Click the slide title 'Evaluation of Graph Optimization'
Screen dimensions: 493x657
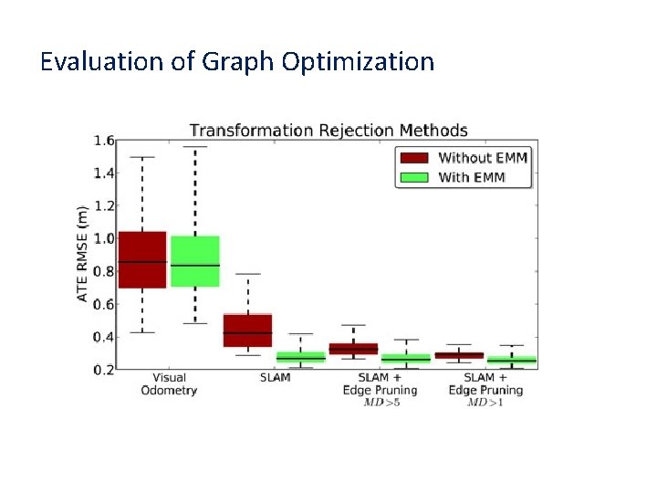pyautogui.click(x=237, y=62)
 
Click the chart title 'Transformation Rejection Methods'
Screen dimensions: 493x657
pyautogui.click(x=328, y=130)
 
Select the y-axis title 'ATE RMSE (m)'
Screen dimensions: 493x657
pyautogui.click(x=83, y=254)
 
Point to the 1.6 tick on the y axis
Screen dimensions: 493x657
pyautogui.click(x=103, y=141)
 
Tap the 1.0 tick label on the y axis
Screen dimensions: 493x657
pyautogui.click(x=103, y=238)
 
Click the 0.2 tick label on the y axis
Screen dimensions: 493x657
pyautogui.click(x=103, y=370)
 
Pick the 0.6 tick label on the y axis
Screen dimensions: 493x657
pyautogui.click(x=103, y=304)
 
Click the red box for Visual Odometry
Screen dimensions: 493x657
pyautogui.click(x=142, y=259)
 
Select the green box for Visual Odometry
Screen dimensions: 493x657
pyautogui.click(x=195, y=261)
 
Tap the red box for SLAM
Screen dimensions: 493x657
pyautogui.click(x=247, y=330)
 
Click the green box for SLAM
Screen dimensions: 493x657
pyautogui.click(x=300, y=356)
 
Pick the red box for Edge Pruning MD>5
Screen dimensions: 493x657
pyautogui.click(x=353, y=349)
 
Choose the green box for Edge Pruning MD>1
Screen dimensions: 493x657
pyautogui.click(x=511, y=361)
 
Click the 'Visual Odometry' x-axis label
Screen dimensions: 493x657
pyautogui.click(x=169, y=383)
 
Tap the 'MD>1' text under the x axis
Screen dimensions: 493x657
pyautogui.click(x=486, y=402)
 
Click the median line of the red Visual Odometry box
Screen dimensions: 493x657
pyautogui.click(x=142, y=262)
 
